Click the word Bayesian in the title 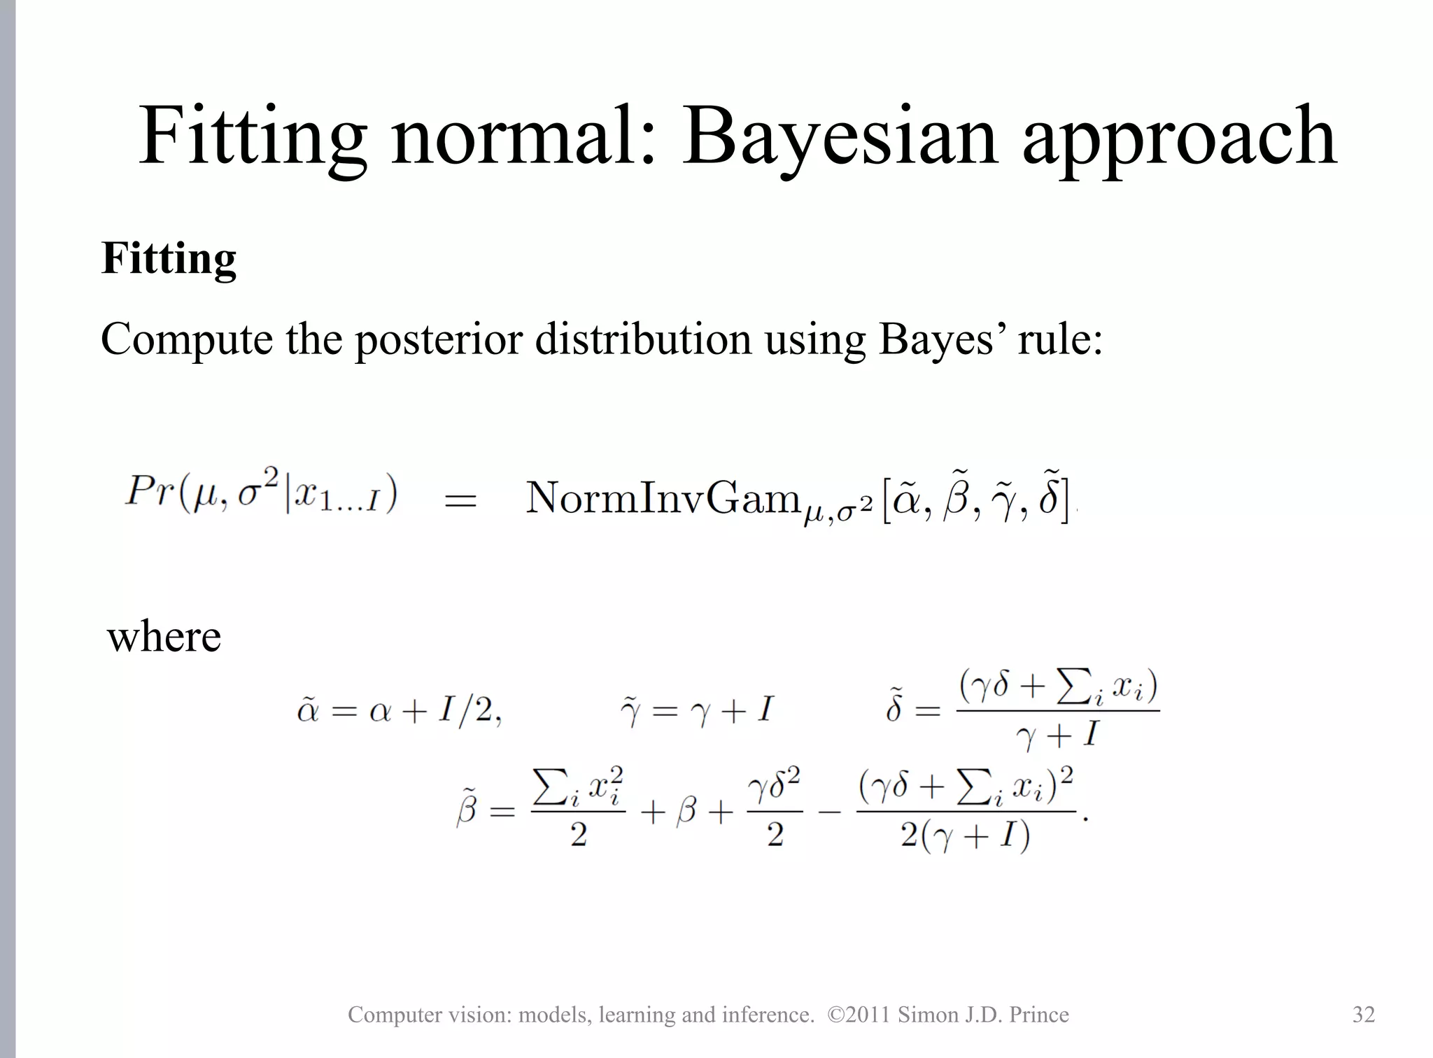[x=839, y=136]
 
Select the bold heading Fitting [x=169, y=259]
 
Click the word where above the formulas [x=164, y=637]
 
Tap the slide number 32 [x=1363, y=1015]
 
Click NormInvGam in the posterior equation [x=662, y=498]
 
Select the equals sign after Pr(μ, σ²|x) [x=460, y=501]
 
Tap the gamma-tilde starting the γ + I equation [x=630, y=711]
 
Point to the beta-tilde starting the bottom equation [x=467, y=810]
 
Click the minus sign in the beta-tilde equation [x=828, y=813]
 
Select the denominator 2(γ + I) [x=965, y=835]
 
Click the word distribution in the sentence [x=643, y=340]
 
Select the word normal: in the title [x=523, y=136]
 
